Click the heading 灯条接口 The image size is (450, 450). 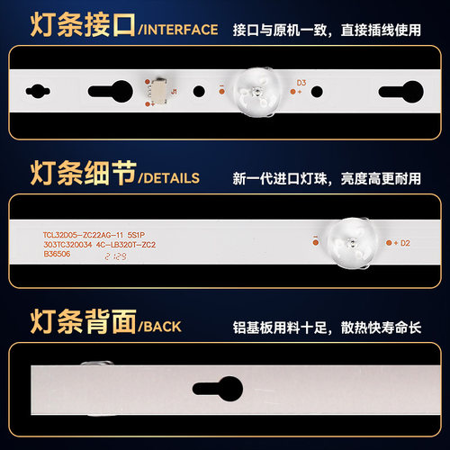pyautogui.click(x=69, y=29)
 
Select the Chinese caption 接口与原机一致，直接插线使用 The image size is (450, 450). pyautogui.click(x=339, y=30)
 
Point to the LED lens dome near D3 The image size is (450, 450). pyautogui.click(x=256, y=91)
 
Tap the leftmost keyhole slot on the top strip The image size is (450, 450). pyautogui.click(x=39, y=92)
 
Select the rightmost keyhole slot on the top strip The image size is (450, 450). pyautogui.click(x=397, y=92)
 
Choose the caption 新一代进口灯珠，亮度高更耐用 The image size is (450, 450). pyautogui.click(x=339, y=177)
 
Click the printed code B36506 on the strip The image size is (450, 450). pyautogui.click(x=59, y=255)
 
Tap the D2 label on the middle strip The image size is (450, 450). pyautogui.click(x=403, y=242)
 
